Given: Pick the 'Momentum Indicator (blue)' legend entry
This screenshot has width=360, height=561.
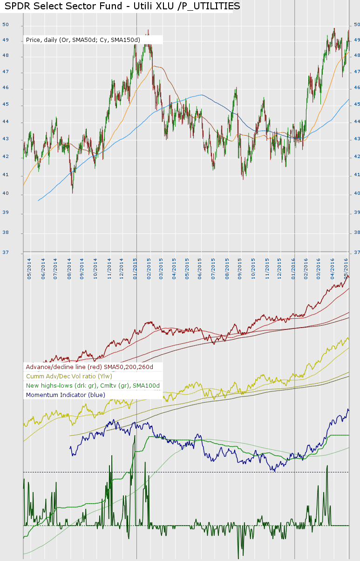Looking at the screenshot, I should pyautogui.click(x=66, y=395).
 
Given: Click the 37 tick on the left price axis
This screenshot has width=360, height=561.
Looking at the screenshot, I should pyautogui.click(x=5, y=253).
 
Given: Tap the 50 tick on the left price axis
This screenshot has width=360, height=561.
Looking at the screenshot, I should pyautogui.click(x=5, y=25).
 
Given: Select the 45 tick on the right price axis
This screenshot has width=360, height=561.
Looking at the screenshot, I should pyautogui.click(x=356, y=104).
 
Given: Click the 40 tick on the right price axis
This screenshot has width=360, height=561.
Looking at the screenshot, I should pyautogui.click(x=356, y=193).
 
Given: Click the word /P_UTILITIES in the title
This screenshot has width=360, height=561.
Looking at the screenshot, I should pyautogui.click(x=210, y=6).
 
